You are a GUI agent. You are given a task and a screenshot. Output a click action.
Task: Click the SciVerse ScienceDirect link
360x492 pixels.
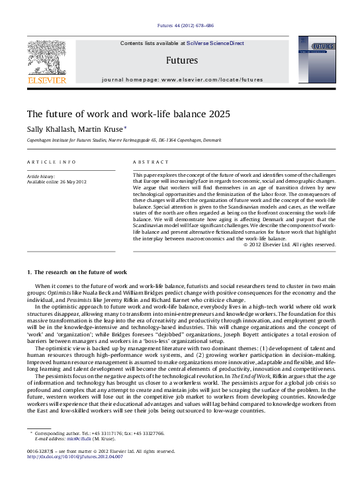[215, 43]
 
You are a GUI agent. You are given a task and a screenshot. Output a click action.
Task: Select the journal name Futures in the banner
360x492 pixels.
[182, 60]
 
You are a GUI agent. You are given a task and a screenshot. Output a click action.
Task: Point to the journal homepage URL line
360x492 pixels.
[182, 79]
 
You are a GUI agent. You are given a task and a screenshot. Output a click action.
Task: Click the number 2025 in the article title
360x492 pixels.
[218, 114]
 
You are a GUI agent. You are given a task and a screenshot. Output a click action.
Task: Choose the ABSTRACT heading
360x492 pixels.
[147, 162]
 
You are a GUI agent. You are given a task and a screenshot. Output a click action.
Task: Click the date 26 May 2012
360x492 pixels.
[72, 181]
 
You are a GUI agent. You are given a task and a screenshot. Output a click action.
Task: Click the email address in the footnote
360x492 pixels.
[77, 439]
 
